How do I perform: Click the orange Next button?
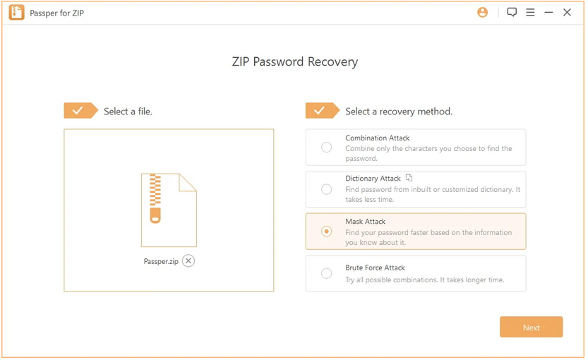click(531, 327)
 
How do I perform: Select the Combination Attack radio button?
click(327, 147)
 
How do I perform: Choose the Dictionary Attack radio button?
click(327, 189)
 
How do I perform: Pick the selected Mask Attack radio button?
click(327, 232)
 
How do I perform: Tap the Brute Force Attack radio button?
click(327, 273)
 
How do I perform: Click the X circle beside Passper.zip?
click(188, 260)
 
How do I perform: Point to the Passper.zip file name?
click(161, 261)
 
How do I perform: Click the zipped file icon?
click(169, 210)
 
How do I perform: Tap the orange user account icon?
click(483, 13)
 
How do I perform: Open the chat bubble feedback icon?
click(512, 13)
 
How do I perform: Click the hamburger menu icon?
click(530, 13)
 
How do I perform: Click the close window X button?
click(567, 13)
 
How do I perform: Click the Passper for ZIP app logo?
click(16, 13)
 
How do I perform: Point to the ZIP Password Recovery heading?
click(295, 62)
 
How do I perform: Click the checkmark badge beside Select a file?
click(80, 111)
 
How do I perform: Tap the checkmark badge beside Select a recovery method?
click(323, 111)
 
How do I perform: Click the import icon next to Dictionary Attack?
click(409, 178)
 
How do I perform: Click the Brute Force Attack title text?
click(375, 268)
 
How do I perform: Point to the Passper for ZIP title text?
click(57, 13)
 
